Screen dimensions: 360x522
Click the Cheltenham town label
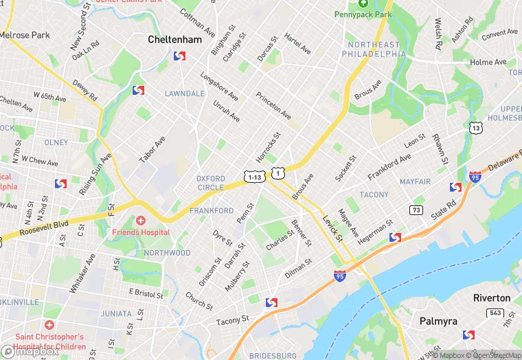pos(175,40)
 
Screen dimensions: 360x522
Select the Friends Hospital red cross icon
pos(141,221)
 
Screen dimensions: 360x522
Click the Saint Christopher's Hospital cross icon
pos(48,324)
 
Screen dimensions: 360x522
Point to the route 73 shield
pos(416,210)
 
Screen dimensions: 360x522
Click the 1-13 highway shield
pos(254,177)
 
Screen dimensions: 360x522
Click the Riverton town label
pos(491,297)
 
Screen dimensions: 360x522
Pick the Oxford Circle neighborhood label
pos(210,183)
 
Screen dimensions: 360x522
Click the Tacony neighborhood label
pos(374,195)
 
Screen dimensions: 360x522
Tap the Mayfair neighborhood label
pos(415,182)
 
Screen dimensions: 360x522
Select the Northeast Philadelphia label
pos(374,49)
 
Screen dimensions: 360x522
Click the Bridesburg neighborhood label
pos(273,355)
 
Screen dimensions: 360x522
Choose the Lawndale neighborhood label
pos(184,93)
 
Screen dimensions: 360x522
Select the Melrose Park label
pos(25,34)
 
